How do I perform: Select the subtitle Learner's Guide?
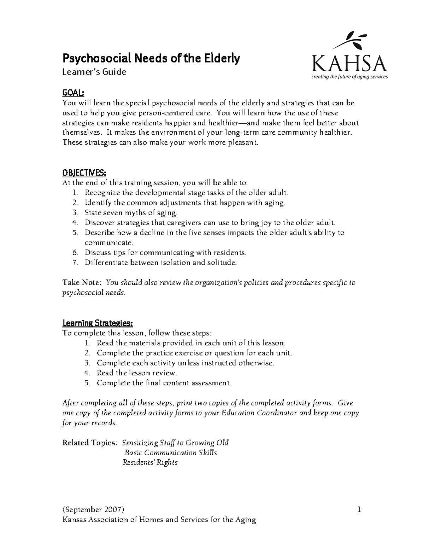(94, 72)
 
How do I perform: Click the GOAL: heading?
(73, 93)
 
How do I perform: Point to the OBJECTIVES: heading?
(84, 173)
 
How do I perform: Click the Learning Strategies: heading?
(98, 323)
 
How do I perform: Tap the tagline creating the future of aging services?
(349, 77)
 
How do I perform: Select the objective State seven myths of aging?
(131, 213)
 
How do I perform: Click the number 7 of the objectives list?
(75, 263)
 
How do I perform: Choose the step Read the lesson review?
(136, 373)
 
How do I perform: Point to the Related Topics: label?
(89, 443)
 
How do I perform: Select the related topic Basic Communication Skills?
(171, 453)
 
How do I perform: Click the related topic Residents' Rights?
(150, 462)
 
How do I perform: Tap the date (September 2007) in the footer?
(93, 510)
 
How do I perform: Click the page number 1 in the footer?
(359, 510)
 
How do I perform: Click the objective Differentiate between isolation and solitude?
(160, 263)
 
